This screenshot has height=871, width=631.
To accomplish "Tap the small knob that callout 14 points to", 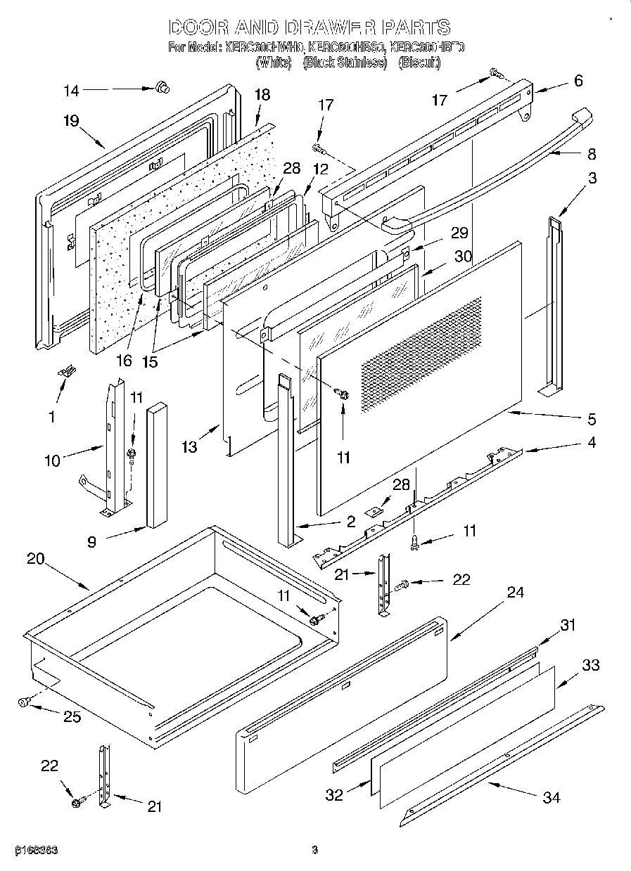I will (x=163, y=87).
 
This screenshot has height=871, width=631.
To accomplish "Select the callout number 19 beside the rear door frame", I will (x=70, y=120).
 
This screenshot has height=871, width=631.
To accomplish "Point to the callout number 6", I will (x=578, y=81).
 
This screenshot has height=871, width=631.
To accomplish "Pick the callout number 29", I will (x=459, y=233).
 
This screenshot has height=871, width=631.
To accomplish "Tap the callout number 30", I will (x=462, y=257).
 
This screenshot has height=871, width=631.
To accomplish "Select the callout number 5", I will (x=592, y=420).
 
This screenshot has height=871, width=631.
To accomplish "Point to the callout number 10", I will (x=53, y=460).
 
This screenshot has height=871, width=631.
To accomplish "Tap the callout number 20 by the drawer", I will (x=36, y=560).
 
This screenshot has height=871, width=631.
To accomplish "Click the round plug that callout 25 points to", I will (x=25, y=701).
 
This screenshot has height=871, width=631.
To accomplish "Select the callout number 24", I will (x=516, y=593).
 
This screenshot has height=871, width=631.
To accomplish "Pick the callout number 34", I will (x=552, y=797).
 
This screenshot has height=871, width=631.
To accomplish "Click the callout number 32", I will (x=335, y=794).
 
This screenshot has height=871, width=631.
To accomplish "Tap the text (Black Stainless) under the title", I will (x=345, y=63).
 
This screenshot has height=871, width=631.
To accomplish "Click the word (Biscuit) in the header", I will (x=419, y=63).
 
